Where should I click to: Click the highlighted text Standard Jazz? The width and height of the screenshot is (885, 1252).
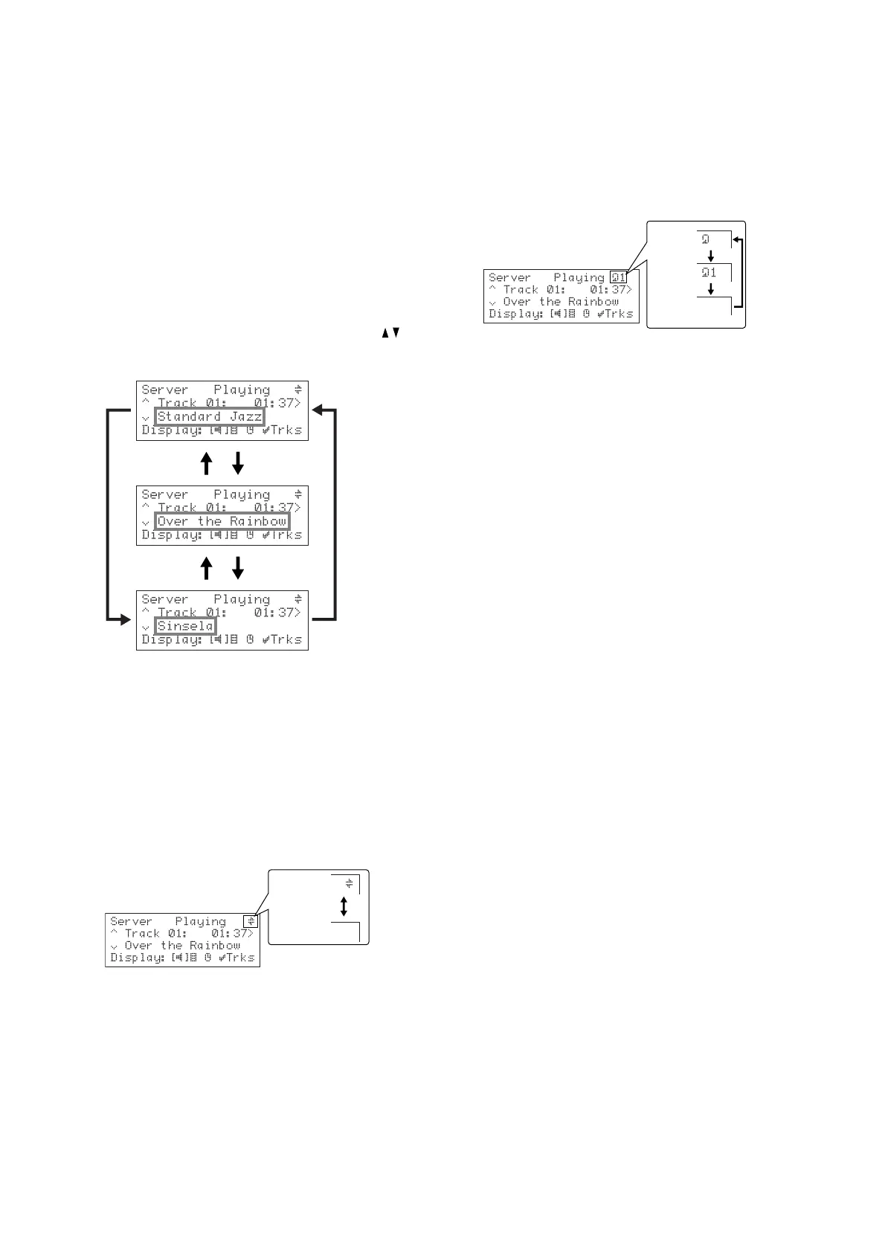pyautogui.click(x=210, y=417)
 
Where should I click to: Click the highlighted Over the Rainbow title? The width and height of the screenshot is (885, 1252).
pyautogui.click(x=222, y=522)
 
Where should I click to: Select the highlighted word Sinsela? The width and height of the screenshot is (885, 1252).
pyautogui.click(x=185, y=626)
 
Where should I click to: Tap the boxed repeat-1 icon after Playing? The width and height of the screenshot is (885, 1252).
pyautogui.click(x=618, y=277)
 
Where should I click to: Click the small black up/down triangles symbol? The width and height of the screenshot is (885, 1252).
pyautogui.click(x=391, y=333)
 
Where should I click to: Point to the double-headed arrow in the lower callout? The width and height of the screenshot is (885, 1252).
pyautogui.click(x=344, y=906)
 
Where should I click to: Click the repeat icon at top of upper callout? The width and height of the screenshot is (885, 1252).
pyautogui.click(x=706, y=239)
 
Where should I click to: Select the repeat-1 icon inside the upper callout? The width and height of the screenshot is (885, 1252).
pyautogui.click(x=709, y=272)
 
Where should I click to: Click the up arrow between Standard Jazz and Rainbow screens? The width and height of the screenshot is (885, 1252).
pyautogui.click(x=207, y=464)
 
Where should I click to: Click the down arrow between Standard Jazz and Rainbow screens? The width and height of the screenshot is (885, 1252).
pyautogui.click(x=238, y=464)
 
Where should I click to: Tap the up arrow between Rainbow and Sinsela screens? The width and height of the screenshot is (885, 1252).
pyautogui.click(x=207, y=569)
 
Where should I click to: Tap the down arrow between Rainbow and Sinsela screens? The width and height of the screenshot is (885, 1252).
pyautogui.click(x=238, y=569)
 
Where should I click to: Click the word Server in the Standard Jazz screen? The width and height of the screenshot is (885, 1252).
pyautogui.click(x=165, y=390)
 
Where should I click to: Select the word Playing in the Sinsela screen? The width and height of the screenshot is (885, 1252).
pyautogui.click(x=242, y=599)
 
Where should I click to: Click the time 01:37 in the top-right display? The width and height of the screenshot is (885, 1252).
pyautogui.click(x=608, y=290)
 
